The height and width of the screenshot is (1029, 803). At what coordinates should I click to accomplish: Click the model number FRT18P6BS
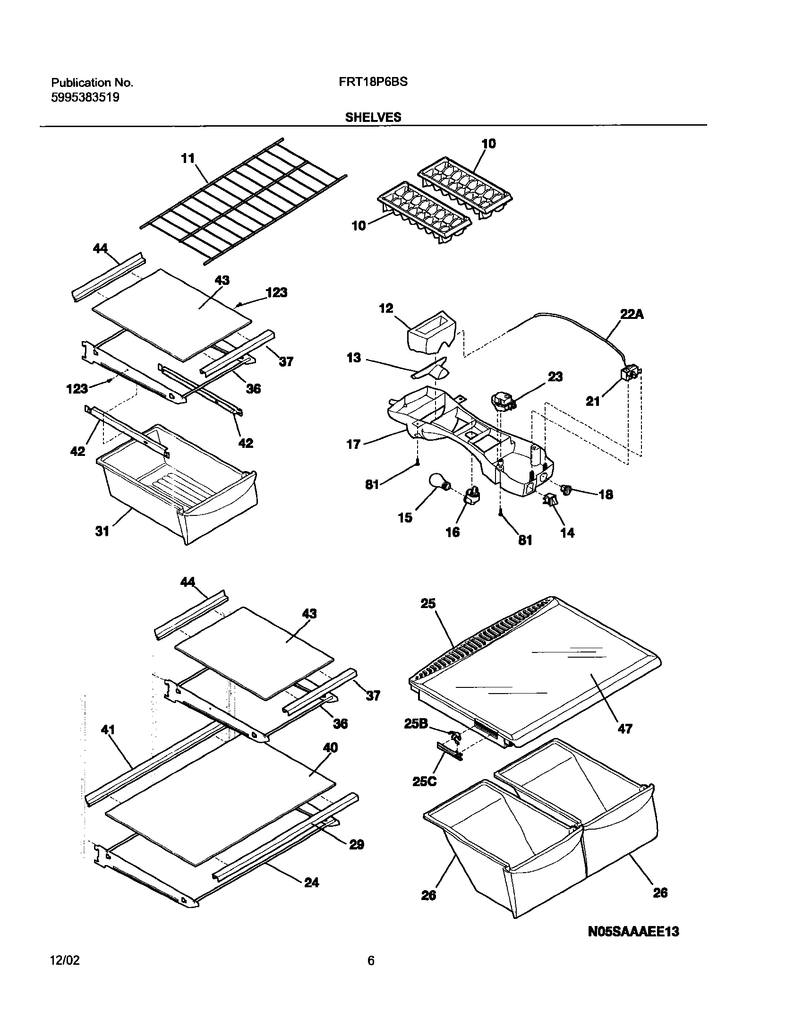(373, 82)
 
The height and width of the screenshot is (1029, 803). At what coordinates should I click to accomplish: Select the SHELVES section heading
(373, 118)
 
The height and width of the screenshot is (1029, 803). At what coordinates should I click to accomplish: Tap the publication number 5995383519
(85, 98)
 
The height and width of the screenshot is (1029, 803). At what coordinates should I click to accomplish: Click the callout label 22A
(632, 314)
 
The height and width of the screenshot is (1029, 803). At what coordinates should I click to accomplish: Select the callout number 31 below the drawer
(103, 532)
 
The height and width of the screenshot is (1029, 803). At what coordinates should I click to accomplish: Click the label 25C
(424, 781)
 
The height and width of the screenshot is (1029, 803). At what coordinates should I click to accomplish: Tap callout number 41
(108, 729)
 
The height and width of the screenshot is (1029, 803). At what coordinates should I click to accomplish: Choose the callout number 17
(354, 444)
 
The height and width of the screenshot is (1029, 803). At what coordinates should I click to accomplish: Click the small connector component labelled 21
(629, 374)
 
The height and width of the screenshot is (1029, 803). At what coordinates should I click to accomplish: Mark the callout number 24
(311, 882)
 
